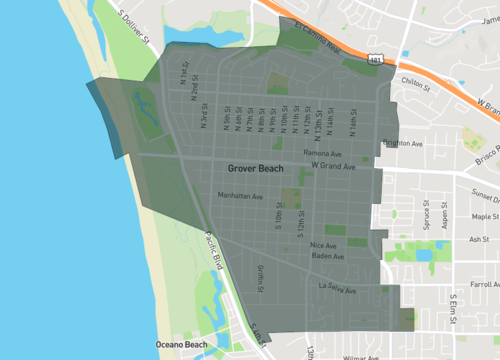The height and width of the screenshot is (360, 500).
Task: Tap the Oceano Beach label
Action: tap(181, 345)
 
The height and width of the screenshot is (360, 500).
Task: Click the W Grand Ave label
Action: tap(334, 166)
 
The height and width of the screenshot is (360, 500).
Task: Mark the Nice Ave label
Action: tap(323, 245)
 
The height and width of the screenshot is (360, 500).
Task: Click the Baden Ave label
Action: tap(326, 257)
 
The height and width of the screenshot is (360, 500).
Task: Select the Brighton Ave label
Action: tap(403, 143)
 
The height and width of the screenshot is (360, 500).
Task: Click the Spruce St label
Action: tap(426, 218)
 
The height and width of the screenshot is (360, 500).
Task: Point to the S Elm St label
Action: tap(453, 307)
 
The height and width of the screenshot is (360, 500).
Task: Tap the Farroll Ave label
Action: tap(485, 284)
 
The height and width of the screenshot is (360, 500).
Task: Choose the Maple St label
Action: tap(485, 216)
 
